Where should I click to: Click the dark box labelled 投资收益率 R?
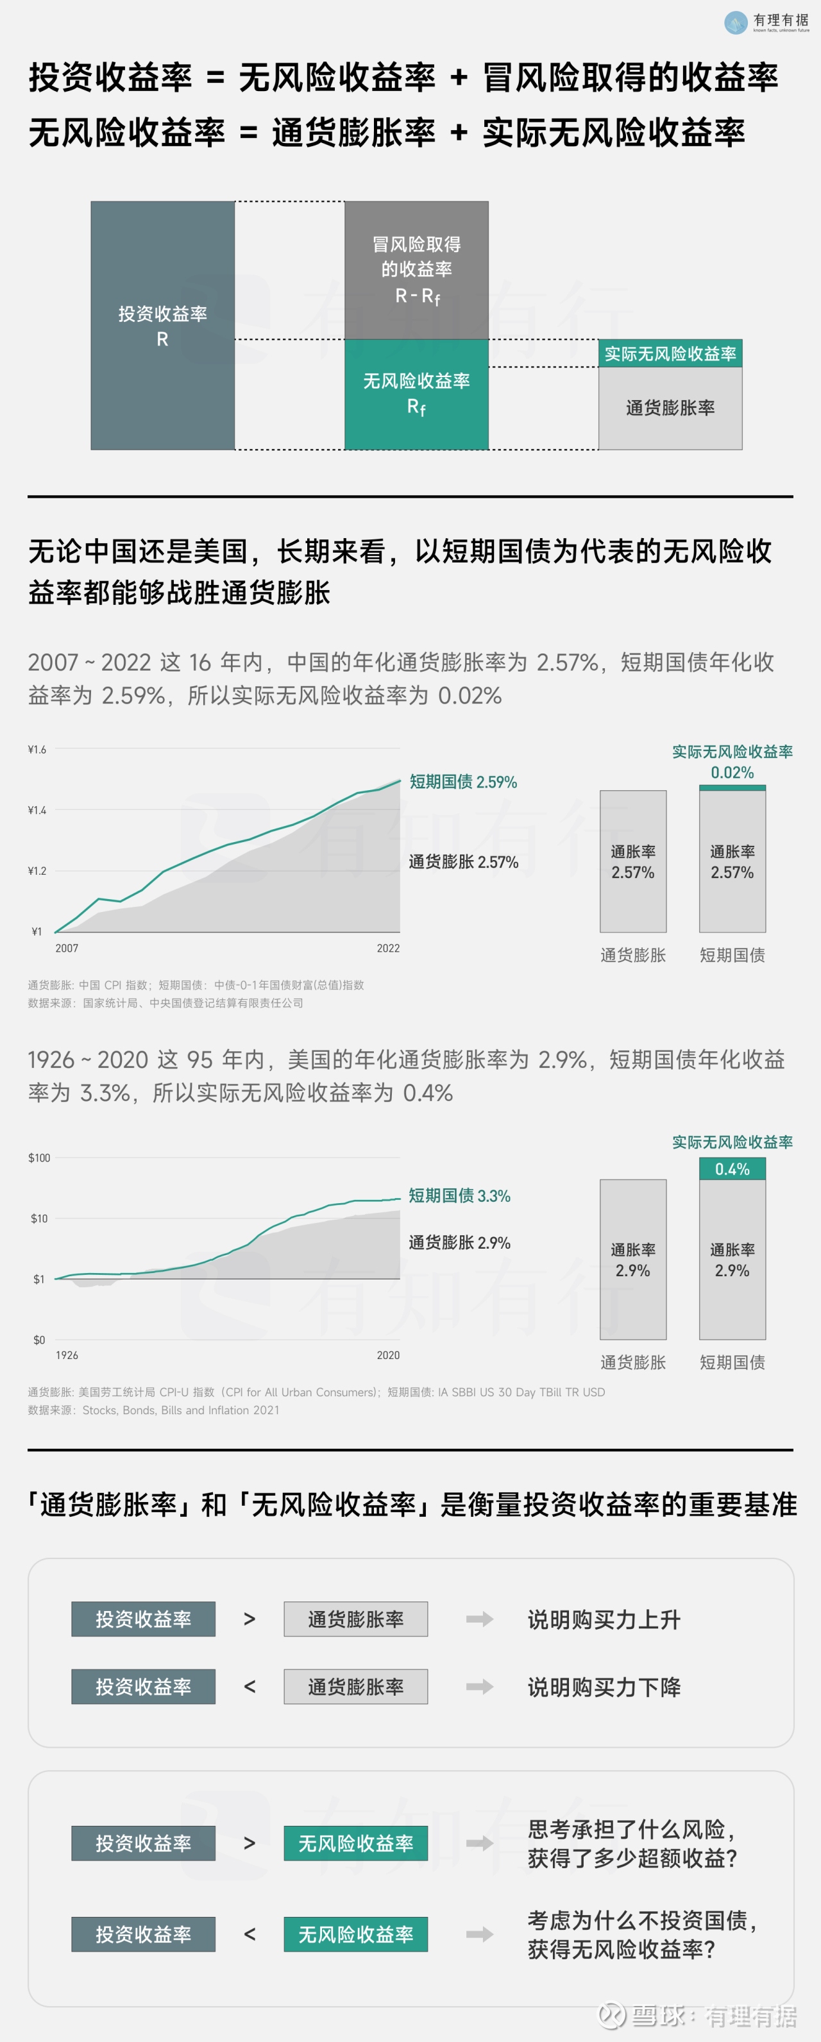pyautogui.click(x=162, y=326)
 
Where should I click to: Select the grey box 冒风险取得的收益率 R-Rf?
pyautogui.click(x=416, y=270)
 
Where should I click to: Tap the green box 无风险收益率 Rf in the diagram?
pyautogui.click(x=416, y=394)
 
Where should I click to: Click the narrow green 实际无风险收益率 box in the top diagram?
pyautogui.click(x=670, y=353)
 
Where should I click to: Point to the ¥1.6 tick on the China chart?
pyautogui.click(x=37, y=749)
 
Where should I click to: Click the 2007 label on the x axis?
pyautogui.click(x=67, y=948)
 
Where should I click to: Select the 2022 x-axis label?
pyautogui.click(x=387, y=948)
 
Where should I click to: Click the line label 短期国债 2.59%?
pyautogui.click(x=463, y=782)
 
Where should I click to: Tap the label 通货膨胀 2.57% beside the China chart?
pyautogui.click(x=464, y=862)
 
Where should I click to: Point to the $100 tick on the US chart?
pyautogui.click(x=39, y=1158)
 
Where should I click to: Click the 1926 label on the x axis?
pyautogui.click(x=67, y=1354)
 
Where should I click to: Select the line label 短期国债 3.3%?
pyautogui.click(x=460, y=1195)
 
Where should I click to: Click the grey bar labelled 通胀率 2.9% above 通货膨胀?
pyautogui.click(x=632, y=1259)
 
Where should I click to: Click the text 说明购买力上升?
pyautogui.click(x=604, y=1619)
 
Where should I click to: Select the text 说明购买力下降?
pyautogui.click(x=604, y=1687)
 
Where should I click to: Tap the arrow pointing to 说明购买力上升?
pyautogui.click(x=479, y=1619)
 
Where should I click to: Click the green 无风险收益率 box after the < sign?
pyautogui.click(x=355, y=1934)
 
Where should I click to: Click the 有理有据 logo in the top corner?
pyautogui.click(x=766, y=22)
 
